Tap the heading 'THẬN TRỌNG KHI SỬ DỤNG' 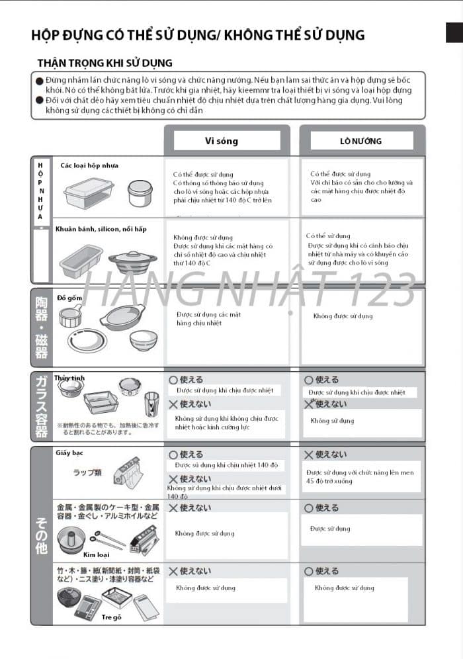click(105, 63)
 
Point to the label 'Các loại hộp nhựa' click(89, 165)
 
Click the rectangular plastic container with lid click(89, 193)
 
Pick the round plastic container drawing click(140, 193)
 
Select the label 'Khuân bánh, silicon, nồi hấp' click(101, 229)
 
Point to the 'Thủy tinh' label click(69, 378)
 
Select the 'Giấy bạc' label click(69, 453)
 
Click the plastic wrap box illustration click(127, 471)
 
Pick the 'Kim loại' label click(96, 554)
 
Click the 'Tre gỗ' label click(112, 617)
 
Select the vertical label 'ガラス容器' click(41, 406)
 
